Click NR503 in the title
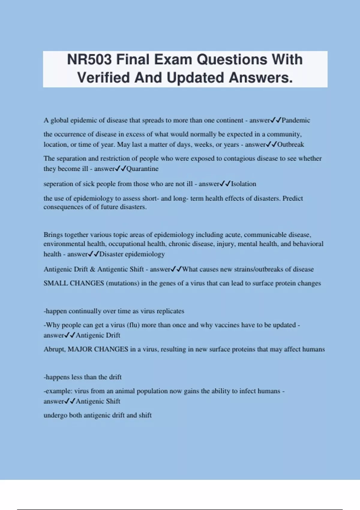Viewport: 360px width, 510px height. pyautogui.click(x=89, y=59)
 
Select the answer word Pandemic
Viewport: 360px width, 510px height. pyautogui.click(x=296, y=120)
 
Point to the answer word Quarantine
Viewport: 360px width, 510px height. pyautogui.click(x=142, y=169)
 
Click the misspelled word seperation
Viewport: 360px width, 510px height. pyautogui.click(x=58, y=184)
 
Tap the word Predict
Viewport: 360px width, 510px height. pyautogui.click(x=293, y=198)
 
